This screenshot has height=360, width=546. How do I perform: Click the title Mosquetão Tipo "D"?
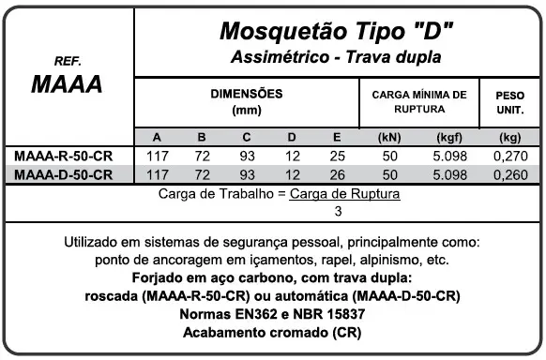[x=336, y=31]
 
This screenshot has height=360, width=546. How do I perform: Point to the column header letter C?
[x=247, y=138]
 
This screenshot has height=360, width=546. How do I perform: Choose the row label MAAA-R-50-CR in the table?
[x=65, y=157]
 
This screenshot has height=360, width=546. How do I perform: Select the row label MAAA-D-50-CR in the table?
[x=65, y=175]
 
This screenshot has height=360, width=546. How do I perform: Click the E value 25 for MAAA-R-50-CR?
[x=338, y=157]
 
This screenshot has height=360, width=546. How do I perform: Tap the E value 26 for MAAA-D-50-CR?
[x=338, y=175]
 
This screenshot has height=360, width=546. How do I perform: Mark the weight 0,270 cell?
[x=510, y=157]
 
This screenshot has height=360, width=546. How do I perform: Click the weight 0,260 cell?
[x=510, y=175]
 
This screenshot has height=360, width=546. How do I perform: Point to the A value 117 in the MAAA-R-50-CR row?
[x=158, y=157]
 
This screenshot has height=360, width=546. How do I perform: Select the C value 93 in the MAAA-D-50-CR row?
[x=247, y=175]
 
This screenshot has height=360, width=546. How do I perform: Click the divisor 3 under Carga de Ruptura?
[x=272, y=212]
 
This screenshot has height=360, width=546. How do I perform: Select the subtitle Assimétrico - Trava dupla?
[x=336, y=58]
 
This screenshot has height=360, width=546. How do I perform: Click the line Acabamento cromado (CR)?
[x=271, y=334]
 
